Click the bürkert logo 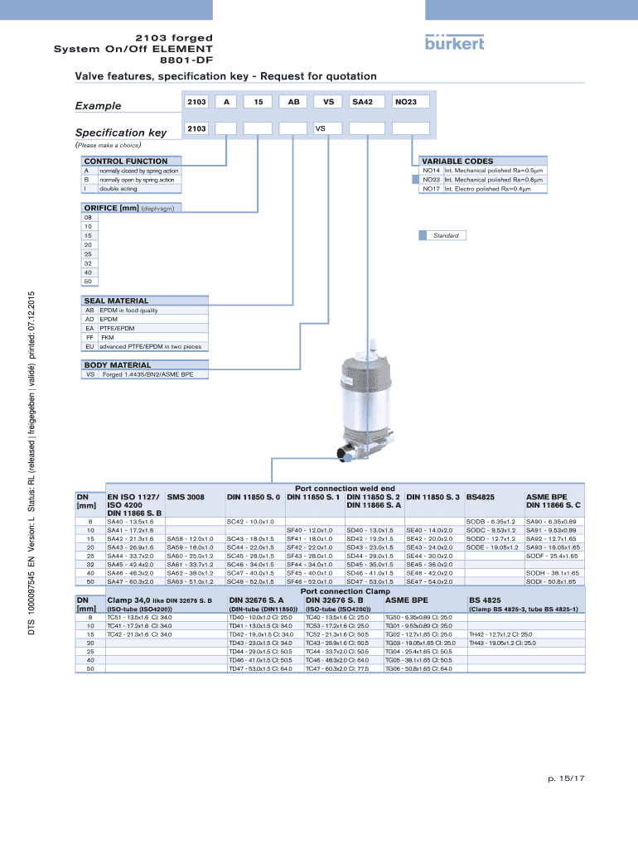pyautogui.click(x=454, y=42)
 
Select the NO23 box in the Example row pyautogui.click(x=411, y=101)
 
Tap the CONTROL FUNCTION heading pyautogui.click(x=125, y=161)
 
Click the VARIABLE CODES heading pyautogui.click(x=457, y=161)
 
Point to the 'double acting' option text pyautogui.click(x=118, y=189)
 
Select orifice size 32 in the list pyautogui.click(x=87, y=263)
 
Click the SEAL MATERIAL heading pyautogui.click(x=116, y=301)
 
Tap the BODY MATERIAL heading pyautogui.click(x=116, y=364)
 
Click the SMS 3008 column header pyautogui.click(x=186, y=497)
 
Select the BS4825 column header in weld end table pyautogui.click(x=481, y=497)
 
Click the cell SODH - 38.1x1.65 pyautogui.click(x=551, y=573)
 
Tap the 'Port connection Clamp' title pyautogui.click(x=345, y=591)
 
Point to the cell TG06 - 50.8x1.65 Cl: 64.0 pyautogui.click(x=418, y=667)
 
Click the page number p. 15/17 pyautogui.click(x=567, y=778)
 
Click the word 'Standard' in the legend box pyautogui.click(x=446, y=235)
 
